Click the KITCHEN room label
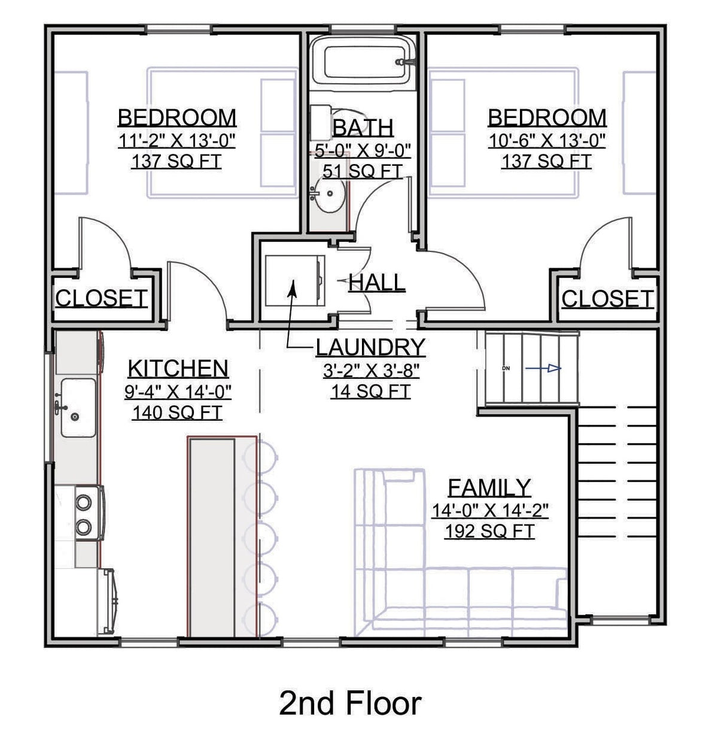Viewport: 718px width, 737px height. click(x=178, y=368)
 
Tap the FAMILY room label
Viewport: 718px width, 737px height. click(x=489, y=487)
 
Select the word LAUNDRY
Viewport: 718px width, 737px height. click(x=370, y=347)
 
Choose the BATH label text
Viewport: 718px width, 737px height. click(x=363, y=128)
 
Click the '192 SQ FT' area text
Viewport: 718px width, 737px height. click(x=489, y=531)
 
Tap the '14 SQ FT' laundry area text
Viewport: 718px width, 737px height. click(x=370, y=391)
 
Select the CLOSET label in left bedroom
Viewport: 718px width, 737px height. click(x=101, y=298)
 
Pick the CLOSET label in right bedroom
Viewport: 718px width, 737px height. click(x=607, y=298)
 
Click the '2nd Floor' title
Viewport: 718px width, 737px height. click(x=350, y=703)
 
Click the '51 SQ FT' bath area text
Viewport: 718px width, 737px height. click(x=363, y=171)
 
